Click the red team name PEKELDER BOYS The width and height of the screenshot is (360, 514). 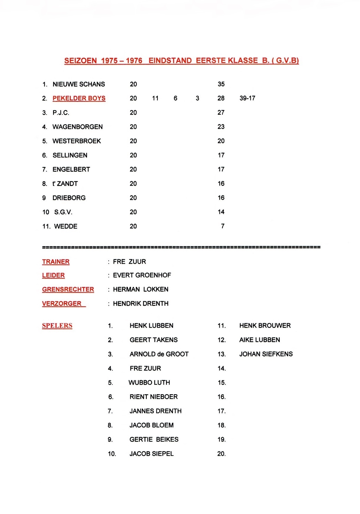[79, 98]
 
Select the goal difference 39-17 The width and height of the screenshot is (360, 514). [247, 98]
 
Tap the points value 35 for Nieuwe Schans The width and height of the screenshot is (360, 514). [221, 84]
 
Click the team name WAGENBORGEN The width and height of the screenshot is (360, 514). [77, 127]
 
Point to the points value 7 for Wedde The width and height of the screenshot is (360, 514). [223, 226]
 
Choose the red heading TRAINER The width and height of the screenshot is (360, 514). [56, 262]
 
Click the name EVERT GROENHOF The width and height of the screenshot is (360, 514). [142, 275]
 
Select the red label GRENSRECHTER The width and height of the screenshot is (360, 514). [68, 289]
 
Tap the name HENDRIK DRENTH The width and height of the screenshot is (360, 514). [141, 304]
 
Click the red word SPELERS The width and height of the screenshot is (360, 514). [57, 326]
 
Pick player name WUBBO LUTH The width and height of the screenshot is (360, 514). [149, 383]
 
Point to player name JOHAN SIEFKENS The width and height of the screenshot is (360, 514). [266, 354]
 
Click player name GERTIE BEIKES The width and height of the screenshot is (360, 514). [154, 440]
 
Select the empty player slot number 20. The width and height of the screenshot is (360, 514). [222, 454]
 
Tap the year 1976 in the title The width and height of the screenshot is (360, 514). [134, 61]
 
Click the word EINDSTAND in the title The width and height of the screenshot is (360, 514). [170, 61]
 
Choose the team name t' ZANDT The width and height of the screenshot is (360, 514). [65, 184]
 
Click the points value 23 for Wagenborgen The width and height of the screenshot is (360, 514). [221, 127]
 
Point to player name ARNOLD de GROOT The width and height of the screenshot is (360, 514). [159, 354]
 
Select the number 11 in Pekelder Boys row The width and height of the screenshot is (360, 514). [155, 98]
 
